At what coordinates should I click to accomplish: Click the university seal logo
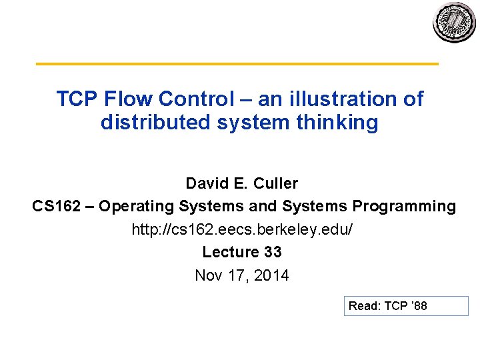coord(455,23)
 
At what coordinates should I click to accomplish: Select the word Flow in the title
coord(129,99)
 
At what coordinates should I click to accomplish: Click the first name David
coord(207,183)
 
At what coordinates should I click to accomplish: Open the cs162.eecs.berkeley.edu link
coord(242,229)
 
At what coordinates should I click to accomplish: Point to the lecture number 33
coord(272,252)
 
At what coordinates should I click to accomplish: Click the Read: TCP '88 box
coord(405,306)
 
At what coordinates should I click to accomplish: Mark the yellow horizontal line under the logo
coord(237,64)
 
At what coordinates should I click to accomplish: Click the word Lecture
coord(230,252)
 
